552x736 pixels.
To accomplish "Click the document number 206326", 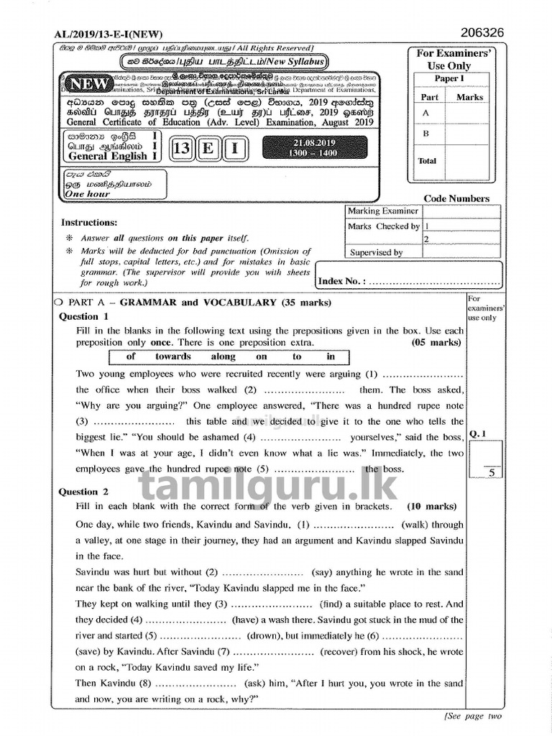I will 481,32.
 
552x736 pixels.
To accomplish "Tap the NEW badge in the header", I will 91,84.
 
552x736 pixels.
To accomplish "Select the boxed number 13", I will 182,149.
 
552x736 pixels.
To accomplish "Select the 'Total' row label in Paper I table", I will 427,160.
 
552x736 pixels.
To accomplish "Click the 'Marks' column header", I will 470,97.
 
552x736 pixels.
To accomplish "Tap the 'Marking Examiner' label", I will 382,211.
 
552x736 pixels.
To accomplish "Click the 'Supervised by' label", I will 376,252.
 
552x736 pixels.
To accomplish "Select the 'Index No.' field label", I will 341,281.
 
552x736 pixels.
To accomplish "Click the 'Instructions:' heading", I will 88,223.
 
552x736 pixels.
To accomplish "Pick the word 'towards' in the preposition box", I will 173,356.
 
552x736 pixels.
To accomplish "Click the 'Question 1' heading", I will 83,316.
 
